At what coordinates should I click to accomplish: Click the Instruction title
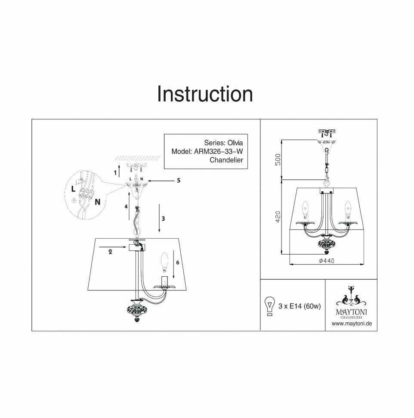point(205,94)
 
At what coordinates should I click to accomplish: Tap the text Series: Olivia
point(223,143)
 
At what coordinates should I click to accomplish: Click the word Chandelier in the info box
point(226,160)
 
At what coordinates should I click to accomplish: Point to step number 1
point(115,173)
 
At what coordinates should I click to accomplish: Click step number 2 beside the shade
point(111,253)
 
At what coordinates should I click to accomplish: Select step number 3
point(163,218)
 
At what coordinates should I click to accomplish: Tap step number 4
point(126,206)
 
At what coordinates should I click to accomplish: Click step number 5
point(178,181)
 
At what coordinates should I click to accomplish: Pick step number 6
point(177,262)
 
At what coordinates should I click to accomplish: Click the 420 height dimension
point(278,217)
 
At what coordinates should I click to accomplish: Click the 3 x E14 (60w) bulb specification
point(300,306)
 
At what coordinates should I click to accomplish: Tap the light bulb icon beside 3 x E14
point(270,306)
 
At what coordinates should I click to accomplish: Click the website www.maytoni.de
point(351,323)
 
